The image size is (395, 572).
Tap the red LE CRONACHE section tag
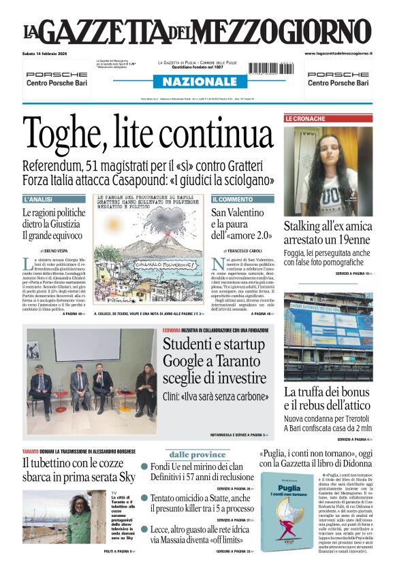(305, 118)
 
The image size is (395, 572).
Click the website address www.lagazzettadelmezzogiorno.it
(338, 53)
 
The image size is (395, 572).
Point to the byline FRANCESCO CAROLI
(239, 251)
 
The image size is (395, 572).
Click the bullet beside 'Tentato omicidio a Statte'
(144, 499)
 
